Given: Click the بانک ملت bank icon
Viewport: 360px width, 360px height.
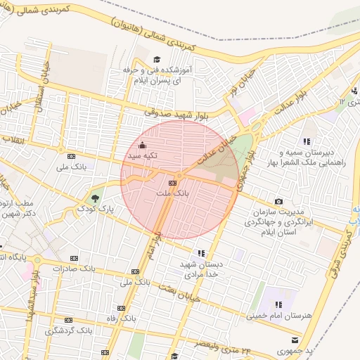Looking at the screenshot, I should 172,183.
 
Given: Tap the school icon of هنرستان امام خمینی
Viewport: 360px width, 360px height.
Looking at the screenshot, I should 279,304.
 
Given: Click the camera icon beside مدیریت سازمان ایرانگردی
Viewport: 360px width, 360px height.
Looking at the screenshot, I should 279,202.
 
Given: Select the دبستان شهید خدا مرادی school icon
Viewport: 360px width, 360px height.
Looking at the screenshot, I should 202,253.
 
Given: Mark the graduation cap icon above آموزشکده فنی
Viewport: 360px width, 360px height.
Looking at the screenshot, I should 157,60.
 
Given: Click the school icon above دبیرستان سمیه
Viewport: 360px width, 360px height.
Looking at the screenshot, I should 307,141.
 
